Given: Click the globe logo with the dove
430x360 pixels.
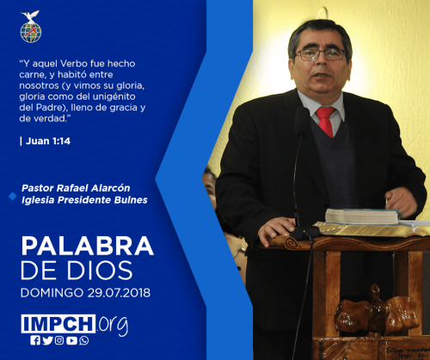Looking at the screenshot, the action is point(31,27).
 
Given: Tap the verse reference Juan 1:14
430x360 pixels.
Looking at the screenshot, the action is point(48,141).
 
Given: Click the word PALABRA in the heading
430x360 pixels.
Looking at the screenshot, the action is point(88,246).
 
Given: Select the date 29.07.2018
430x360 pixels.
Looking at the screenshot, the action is point(119,293).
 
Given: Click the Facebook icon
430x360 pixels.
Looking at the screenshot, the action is point(35,340).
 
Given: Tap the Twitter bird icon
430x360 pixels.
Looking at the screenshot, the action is point(47,340).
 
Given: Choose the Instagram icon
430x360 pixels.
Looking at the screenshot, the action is point(59,340).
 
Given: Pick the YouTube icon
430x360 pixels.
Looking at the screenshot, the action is point(71,340).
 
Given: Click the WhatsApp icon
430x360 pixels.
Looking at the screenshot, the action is point(84,340).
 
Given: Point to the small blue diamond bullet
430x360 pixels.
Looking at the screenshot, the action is point(12,197).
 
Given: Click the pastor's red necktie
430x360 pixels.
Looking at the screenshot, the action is point(326,121).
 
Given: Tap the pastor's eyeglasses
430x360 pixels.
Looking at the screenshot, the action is point(320,54).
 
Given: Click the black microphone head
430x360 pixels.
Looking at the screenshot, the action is point(302,121).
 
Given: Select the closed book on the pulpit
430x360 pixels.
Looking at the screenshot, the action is point(363,217).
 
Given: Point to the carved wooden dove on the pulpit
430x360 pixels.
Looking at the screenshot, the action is point(377,310).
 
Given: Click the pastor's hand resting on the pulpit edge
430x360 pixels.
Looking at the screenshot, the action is point(277,229).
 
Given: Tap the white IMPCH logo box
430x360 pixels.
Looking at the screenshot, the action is point(58,324).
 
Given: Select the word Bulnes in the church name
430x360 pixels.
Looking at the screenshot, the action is point(131,200).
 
